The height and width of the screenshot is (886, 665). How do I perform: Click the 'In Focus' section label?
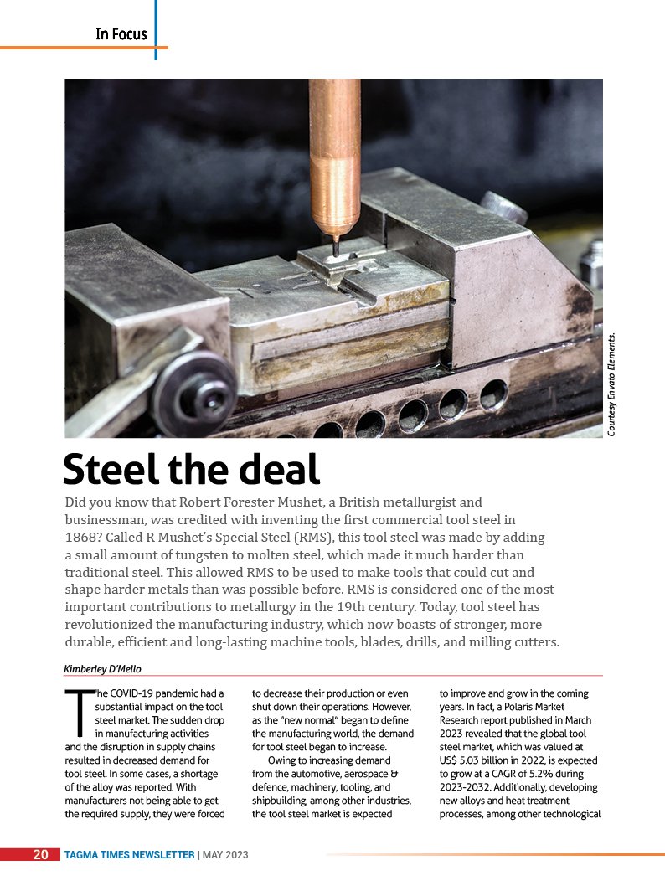click(x=121, y=34)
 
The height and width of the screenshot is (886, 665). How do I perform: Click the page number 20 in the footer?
click(x=40, y=854)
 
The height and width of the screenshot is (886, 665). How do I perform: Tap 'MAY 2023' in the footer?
click(x=225, y=854)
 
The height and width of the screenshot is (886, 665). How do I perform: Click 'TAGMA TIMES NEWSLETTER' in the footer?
click(x=129, y=854)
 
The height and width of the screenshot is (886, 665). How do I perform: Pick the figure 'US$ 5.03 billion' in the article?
click(x=479, y=757)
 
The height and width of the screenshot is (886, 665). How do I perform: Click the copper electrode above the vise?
click(x=334, y=151)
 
